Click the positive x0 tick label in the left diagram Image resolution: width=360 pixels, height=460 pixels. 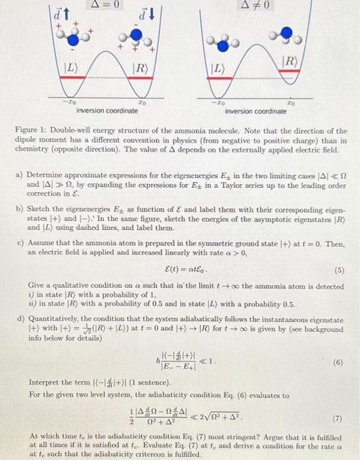(x=143, y=103)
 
